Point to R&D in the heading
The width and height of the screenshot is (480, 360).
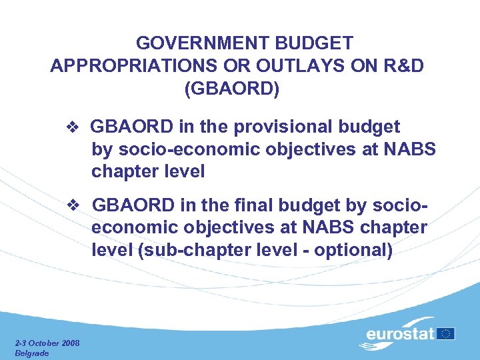point(399,66)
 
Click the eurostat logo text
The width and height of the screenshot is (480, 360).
point(400,333)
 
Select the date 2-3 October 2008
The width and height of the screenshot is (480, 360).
point(47,343)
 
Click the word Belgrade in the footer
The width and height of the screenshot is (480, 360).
point(31,353)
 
